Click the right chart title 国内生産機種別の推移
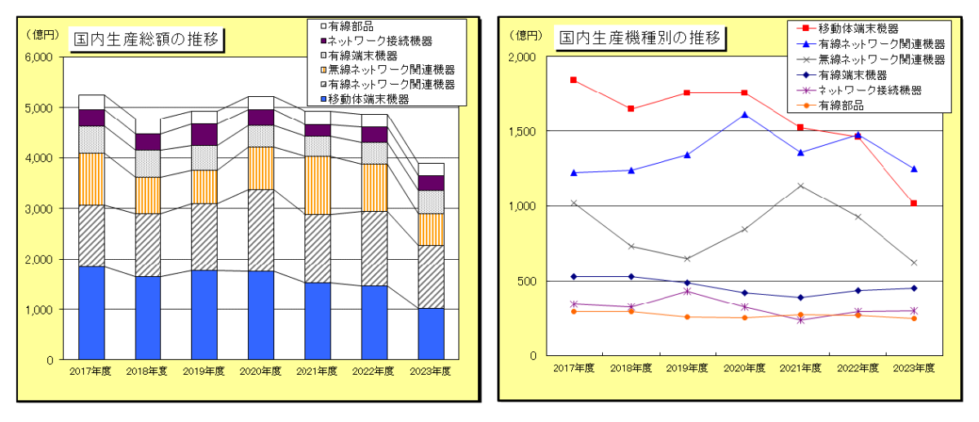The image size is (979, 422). [x=639, y=37]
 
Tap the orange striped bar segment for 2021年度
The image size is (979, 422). [x=317, y=185]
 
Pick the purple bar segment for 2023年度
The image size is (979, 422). [x=431, y=182]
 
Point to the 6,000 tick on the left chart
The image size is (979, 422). [x=38, y=57]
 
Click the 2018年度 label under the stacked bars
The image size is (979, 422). [x=148, y=371]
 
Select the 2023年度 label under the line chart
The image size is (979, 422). [x=913, y=367]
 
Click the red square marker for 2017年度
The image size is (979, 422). [x=574, y=80]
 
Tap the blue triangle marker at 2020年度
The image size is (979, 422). [x=744, y=115]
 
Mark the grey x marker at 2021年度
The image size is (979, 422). [x=800, y=186]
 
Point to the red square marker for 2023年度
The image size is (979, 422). [x=914, y=203]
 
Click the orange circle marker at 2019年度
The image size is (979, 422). [x=687, y=317]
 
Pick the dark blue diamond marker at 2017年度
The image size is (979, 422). [x=574, y=276]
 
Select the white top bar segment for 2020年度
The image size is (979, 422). [x=261, y=103]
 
